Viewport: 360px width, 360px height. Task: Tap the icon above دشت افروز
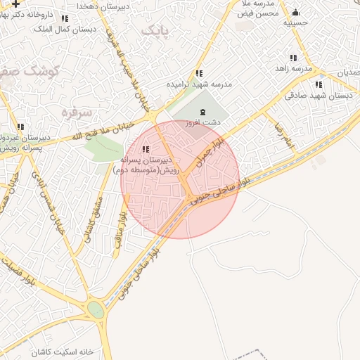203,112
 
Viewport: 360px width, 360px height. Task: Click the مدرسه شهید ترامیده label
199,83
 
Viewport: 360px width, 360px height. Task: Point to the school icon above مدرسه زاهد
293,58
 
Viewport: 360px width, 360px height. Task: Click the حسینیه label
295,22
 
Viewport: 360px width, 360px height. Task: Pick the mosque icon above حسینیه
295,13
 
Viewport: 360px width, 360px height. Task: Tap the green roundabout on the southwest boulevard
96,310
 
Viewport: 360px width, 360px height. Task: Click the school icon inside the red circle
146,149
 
